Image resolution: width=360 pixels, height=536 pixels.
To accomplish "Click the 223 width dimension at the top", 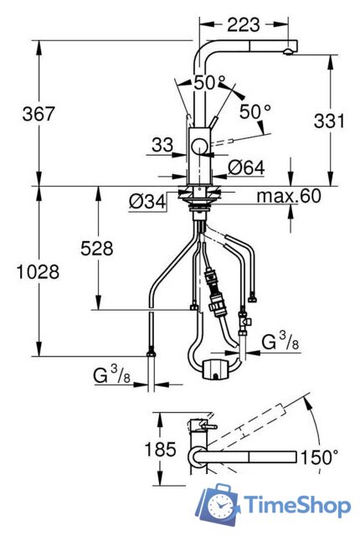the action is coord(244,25).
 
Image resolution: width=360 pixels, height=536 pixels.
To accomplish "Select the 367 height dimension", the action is coord(39,114).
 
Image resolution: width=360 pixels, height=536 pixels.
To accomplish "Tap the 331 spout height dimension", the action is coord(329,121).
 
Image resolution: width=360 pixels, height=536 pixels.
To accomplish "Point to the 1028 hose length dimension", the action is coord(38,272).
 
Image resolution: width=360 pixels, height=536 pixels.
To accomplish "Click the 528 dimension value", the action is coord(96,249).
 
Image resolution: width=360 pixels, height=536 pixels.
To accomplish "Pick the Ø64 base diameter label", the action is coord(246,167).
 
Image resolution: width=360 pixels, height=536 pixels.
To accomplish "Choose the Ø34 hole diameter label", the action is coord(147,202).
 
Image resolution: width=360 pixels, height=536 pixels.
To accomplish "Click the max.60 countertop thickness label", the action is coord(289,196).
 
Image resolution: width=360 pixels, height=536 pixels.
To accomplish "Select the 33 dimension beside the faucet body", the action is coord(162,145).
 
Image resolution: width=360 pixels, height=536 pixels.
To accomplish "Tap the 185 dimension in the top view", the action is coord(160,449).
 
